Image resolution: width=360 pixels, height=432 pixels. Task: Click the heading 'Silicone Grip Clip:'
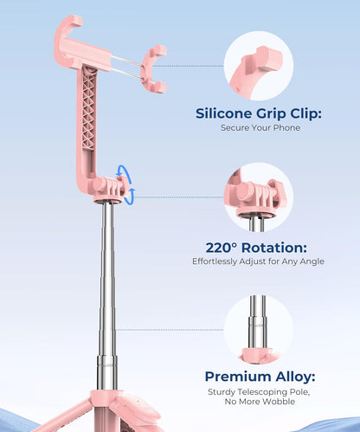(x=259, y=113)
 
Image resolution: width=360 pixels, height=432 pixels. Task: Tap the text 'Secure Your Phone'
(x=259, y=129)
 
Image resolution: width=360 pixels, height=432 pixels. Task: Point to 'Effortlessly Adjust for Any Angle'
(x=259, y=261)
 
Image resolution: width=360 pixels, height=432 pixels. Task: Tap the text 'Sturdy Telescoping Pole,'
(x=259, y=392)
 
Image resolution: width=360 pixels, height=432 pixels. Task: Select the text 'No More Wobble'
(x=259, y=404)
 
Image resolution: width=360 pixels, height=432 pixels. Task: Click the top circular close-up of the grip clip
(x=258, y=64)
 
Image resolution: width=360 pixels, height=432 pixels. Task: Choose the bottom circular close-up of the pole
(x=258, y=329)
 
